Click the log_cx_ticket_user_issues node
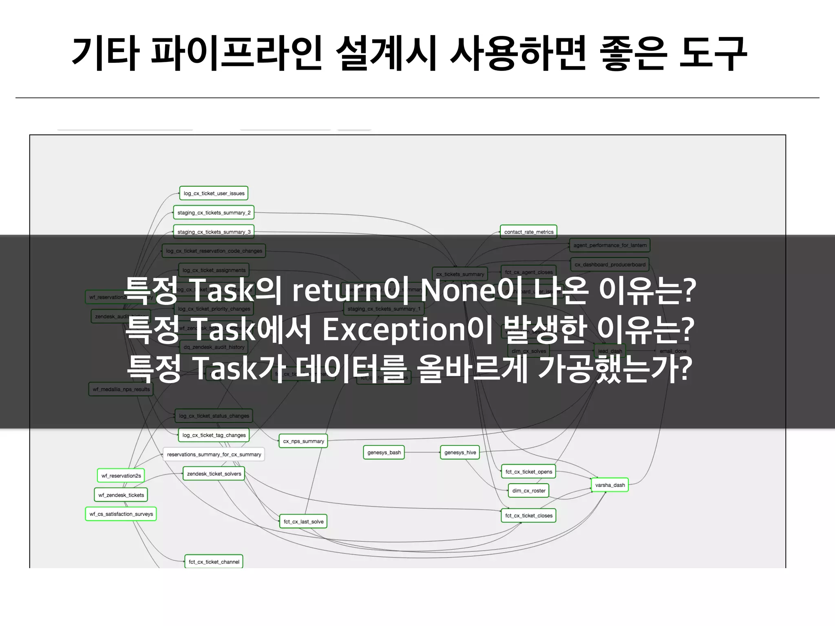coord(214,193)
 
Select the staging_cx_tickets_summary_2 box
coord(214,213)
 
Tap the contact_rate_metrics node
coord(528,232)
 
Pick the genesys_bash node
coord(384,452)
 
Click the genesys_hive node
coord(460,452)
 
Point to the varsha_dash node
coord(610,485)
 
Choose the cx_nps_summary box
coord(303,441)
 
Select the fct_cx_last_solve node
coord(303,522)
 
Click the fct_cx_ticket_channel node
coord(214,562)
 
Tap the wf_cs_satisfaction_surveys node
coord(121,514)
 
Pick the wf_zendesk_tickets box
coord(121,495)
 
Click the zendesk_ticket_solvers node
coord(214,474)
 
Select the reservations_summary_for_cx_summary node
coord(214,454)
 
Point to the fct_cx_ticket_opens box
coord(528,472)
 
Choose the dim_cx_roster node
coord(528,491)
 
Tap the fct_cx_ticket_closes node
coord(528,516)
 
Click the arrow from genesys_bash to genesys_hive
coord(422,452)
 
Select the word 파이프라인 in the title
coord(236,53)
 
